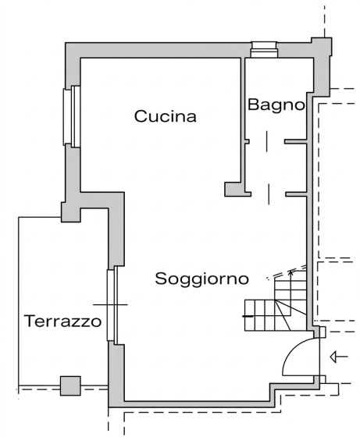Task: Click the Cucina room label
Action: (x=165, y=117)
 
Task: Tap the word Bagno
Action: (x=276, y=105)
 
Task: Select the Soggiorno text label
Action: (x=201, y=279)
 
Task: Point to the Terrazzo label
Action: (x=62, y=321)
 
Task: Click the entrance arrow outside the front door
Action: (x=338, y=357)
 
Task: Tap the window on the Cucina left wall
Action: (x=73, y=115)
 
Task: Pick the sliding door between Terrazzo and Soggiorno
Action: (x=112, y=304)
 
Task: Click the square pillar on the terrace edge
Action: (x=70, y=385)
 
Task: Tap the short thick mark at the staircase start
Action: (x=248, y=315)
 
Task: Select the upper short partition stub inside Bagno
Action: (x=294, y=142)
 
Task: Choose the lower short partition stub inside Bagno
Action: (x=295, y=193)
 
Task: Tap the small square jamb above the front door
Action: (x=319, y=332)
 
